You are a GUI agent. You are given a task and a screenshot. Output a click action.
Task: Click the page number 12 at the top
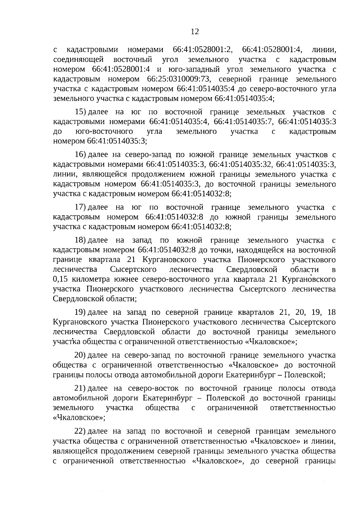click(195, 32)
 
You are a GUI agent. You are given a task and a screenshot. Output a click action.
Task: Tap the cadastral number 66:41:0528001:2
click(203, 50)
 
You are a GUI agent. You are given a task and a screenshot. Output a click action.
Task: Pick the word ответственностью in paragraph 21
click(303, 408)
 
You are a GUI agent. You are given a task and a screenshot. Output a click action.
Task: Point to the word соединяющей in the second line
click(78, 60)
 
